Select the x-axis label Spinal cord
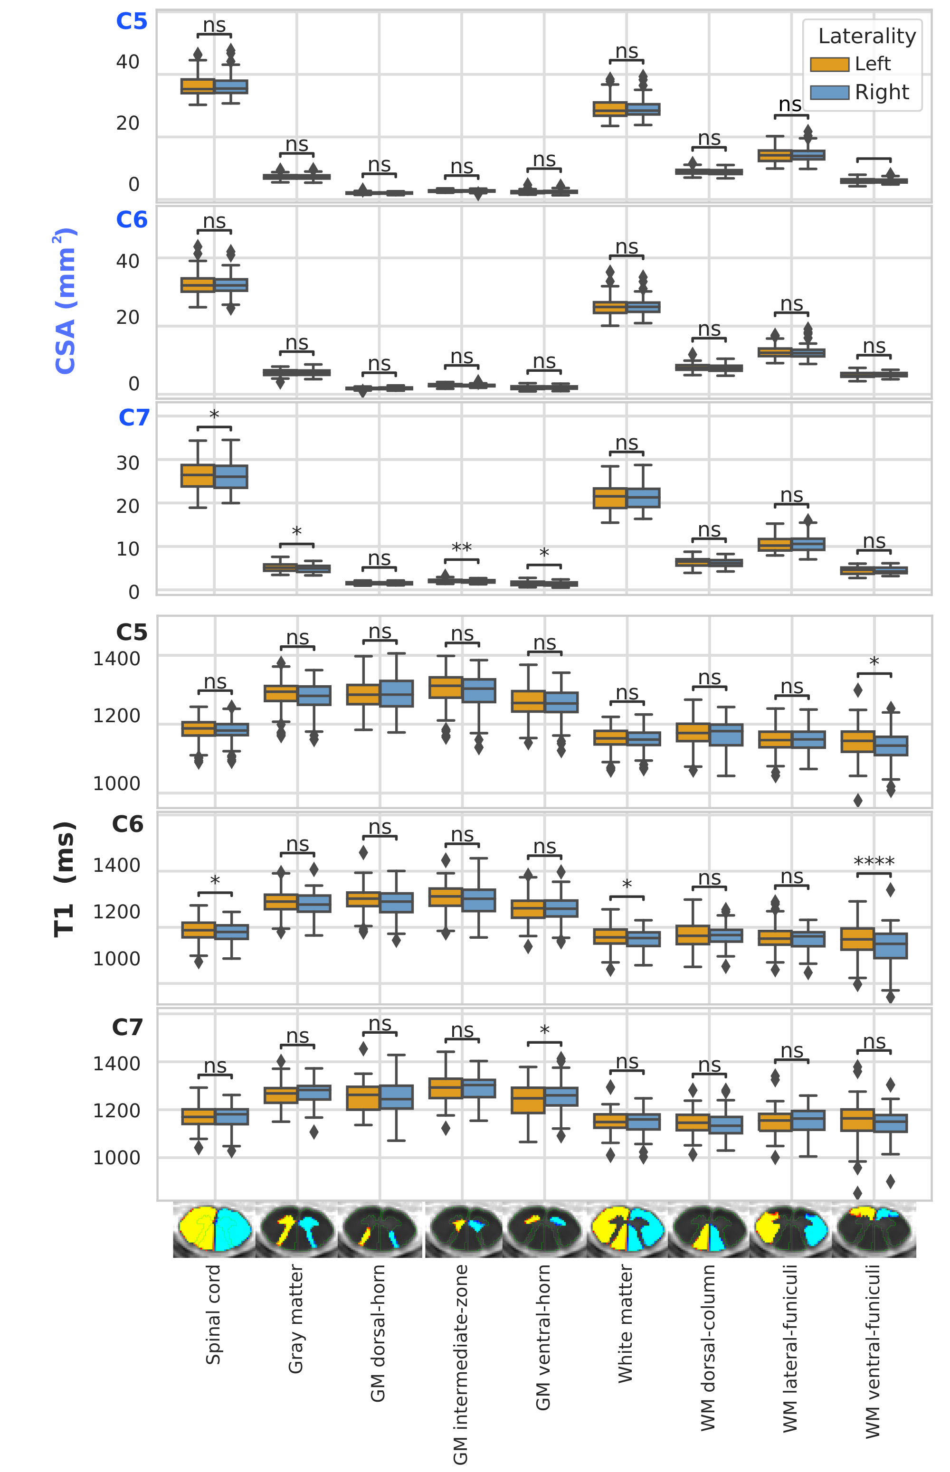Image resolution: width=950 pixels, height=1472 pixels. click(213, 1314)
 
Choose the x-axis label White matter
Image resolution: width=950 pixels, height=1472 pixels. click(626, 1323)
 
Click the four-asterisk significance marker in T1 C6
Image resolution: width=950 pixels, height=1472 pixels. click(874, 861)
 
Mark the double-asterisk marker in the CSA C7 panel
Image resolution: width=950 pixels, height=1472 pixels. click(461, 547)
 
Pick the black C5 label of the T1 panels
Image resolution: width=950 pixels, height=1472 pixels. click(132, 632)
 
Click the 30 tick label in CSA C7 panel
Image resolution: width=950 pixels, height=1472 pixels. click(128, 462)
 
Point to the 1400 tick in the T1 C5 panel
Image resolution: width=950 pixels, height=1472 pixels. click(116, 659)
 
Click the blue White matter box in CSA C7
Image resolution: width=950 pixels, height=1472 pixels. click(644, 498)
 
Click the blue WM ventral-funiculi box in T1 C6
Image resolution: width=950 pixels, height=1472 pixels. click(891, 945)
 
